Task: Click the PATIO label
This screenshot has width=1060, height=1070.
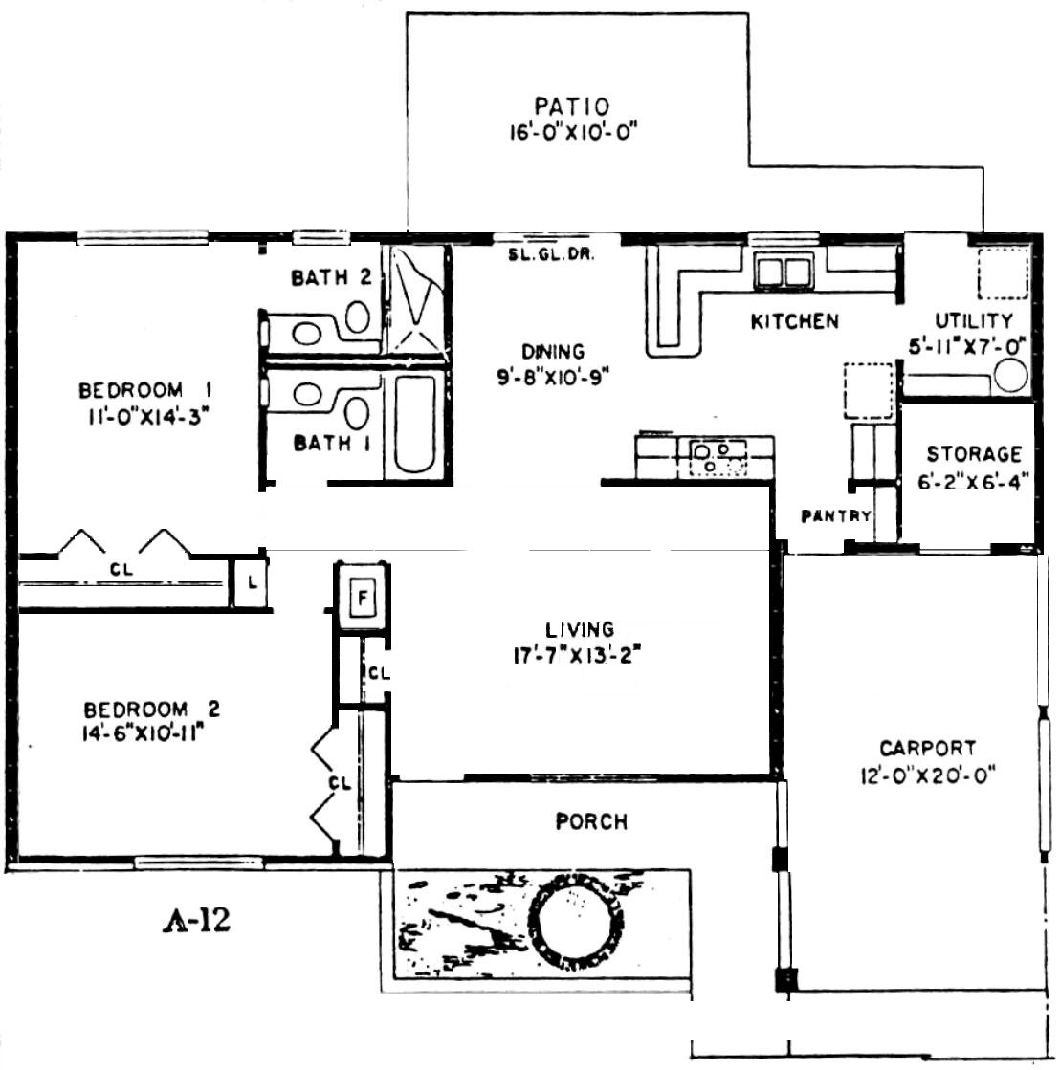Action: pos(572,106)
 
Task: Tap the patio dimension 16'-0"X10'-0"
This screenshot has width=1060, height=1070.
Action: pos(573,130)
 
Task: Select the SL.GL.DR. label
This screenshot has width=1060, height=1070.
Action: pos(551,254)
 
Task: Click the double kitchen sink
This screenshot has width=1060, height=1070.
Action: pos(784,271)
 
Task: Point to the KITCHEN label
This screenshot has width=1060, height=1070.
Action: pos(794,321)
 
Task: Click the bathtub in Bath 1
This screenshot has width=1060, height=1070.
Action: pos(415,423)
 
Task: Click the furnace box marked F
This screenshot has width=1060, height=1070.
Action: pos(363,598)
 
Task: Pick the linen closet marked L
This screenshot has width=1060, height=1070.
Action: pos(252,582)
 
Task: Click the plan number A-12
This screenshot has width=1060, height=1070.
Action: pos(196,921)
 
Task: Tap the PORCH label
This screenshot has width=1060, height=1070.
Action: pos(591,821)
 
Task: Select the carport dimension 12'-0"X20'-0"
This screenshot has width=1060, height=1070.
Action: pos(928,775)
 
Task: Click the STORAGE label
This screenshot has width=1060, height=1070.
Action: pos(974,454)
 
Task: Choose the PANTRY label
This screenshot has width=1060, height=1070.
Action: pos(836,516)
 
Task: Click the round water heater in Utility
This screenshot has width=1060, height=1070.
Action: pos(1011,377)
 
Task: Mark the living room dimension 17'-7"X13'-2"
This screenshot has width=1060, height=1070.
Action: pos(578,656)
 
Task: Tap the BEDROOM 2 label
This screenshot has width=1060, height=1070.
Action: pos(151,710)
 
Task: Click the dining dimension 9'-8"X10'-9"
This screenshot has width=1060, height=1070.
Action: pos(553,376)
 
